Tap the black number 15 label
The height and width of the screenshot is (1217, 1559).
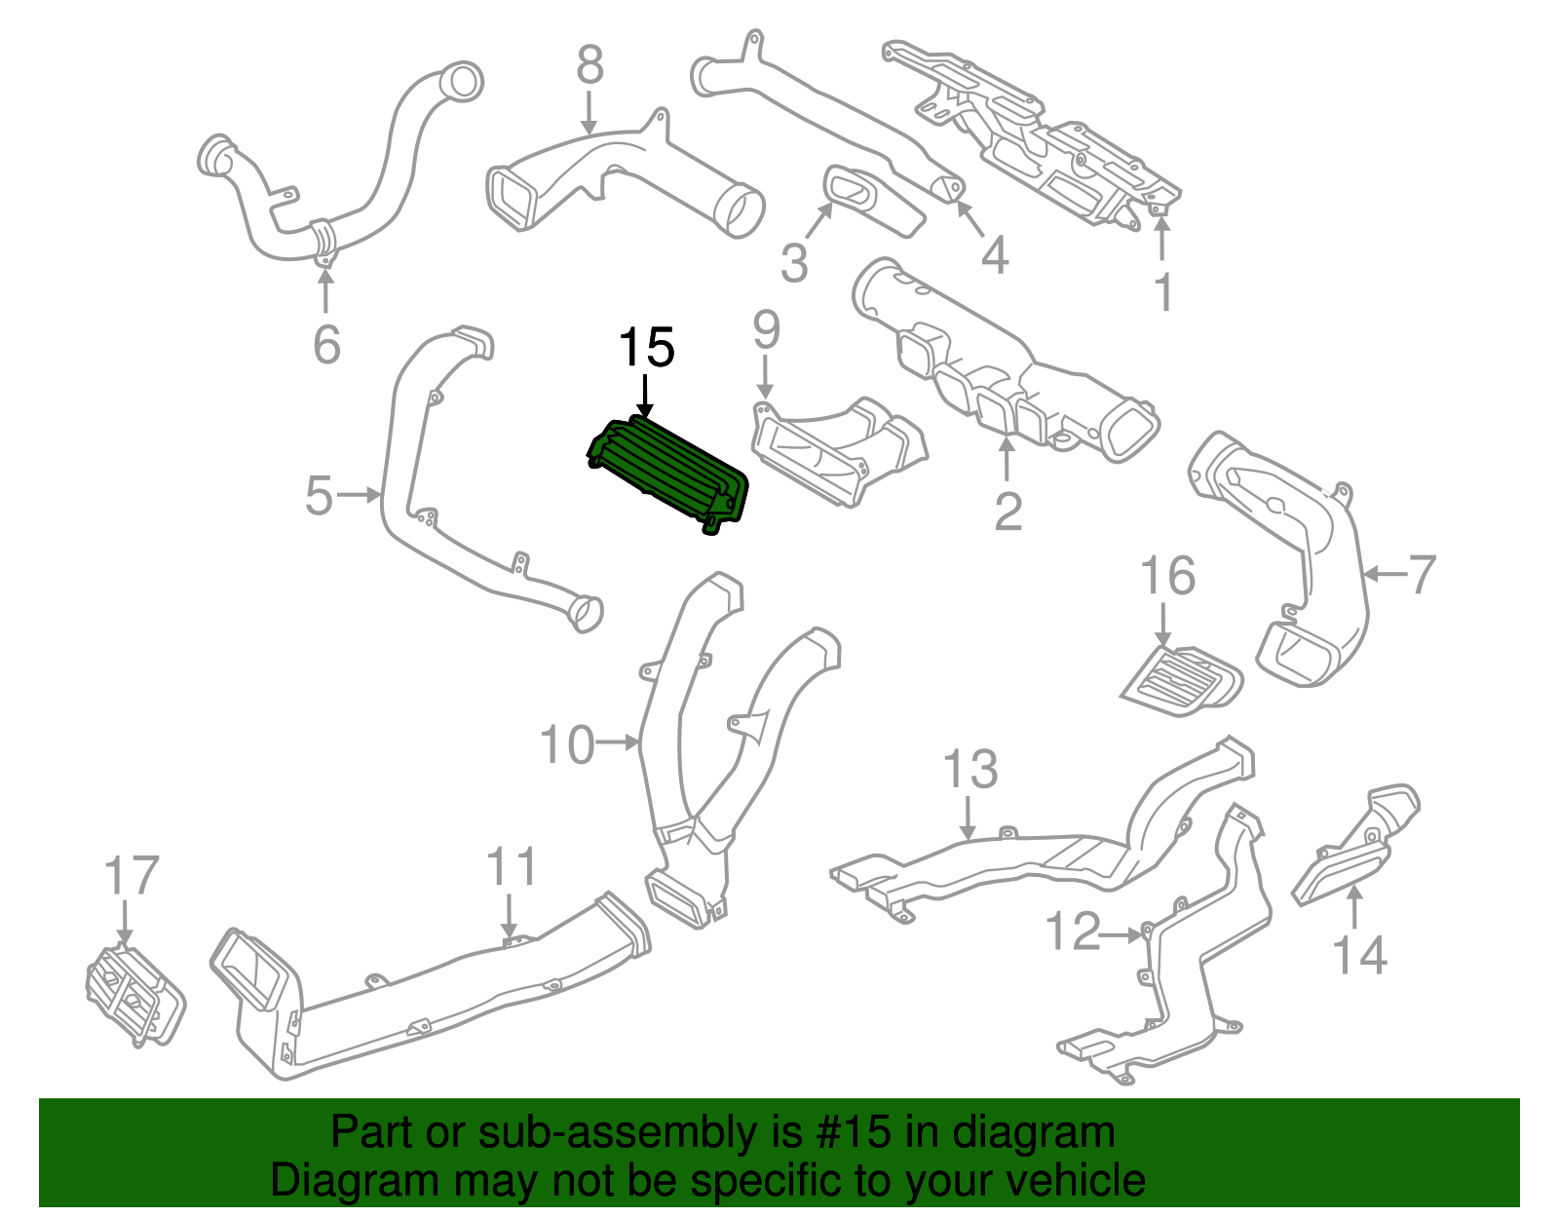[x=646, y=348]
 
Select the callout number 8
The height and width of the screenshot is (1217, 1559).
[x=589, y=66]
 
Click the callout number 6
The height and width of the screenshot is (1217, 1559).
[x=326, y=345]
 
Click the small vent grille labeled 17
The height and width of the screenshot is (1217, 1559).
[x=133, y=995]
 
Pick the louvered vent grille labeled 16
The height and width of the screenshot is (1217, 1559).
[x=1182, y=681]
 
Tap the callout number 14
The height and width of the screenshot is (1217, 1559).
[x=1358, y=956]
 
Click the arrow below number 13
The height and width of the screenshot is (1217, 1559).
[x=968, y=818]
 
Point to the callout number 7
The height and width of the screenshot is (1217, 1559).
[x=1423, y=574]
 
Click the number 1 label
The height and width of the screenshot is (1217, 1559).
[x=1162, y=291]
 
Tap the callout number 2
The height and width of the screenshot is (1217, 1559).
[x=1008, y=511]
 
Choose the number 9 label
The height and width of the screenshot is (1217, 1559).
[x=767, y=330]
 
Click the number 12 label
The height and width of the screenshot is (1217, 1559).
[x=1072, y=932]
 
